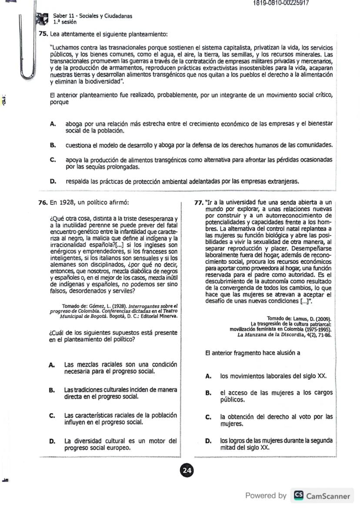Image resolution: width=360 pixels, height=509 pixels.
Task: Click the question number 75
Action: pyautogui.click(x=43, y=34)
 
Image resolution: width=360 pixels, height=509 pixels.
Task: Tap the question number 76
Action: pyautogui.click(x=43, y=202)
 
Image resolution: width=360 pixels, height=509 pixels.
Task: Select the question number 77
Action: pyautogui.click(x=199, y=202)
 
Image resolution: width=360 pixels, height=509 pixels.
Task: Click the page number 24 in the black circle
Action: pyautogui.click(x=187, y=470)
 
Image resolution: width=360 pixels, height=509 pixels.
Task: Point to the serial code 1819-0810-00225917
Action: pyautogui.click(x=281, y=3)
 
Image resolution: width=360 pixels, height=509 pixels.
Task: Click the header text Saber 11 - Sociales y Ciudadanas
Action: pyautogui.click(x=93, y=16)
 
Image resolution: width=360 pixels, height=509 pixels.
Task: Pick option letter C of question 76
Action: pyautogui.click(x=52, y=415)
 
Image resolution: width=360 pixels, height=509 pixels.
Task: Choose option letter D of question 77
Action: pyautogui.click(x=209, y=441)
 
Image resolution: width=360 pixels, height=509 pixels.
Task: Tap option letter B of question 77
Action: pyautogui.click(x=209, y=393)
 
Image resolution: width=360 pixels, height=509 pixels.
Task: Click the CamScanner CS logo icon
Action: pyautogui.click(x=299, y=496)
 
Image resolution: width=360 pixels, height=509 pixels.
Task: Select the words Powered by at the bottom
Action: pyautogui.click(x=266, y=496)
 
